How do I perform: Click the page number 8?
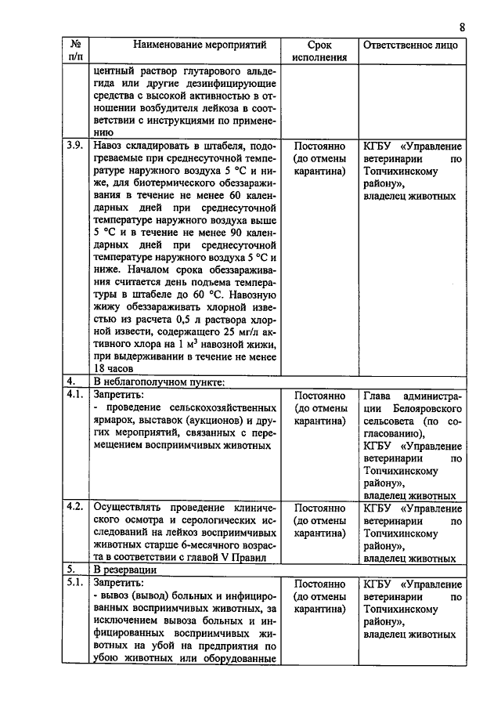coord(463,27)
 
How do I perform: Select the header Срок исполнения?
coord(319,51)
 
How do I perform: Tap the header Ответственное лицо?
coord(411,45)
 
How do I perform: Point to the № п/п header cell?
coord(76,51)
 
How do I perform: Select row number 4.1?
coord(76,395)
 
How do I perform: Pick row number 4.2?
coord(76,508)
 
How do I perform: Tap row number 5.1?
coord(76,584)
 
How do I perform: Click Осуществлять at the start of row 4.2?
coord(129,508)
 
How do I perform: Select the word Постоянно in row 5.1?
coord(319,584)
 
